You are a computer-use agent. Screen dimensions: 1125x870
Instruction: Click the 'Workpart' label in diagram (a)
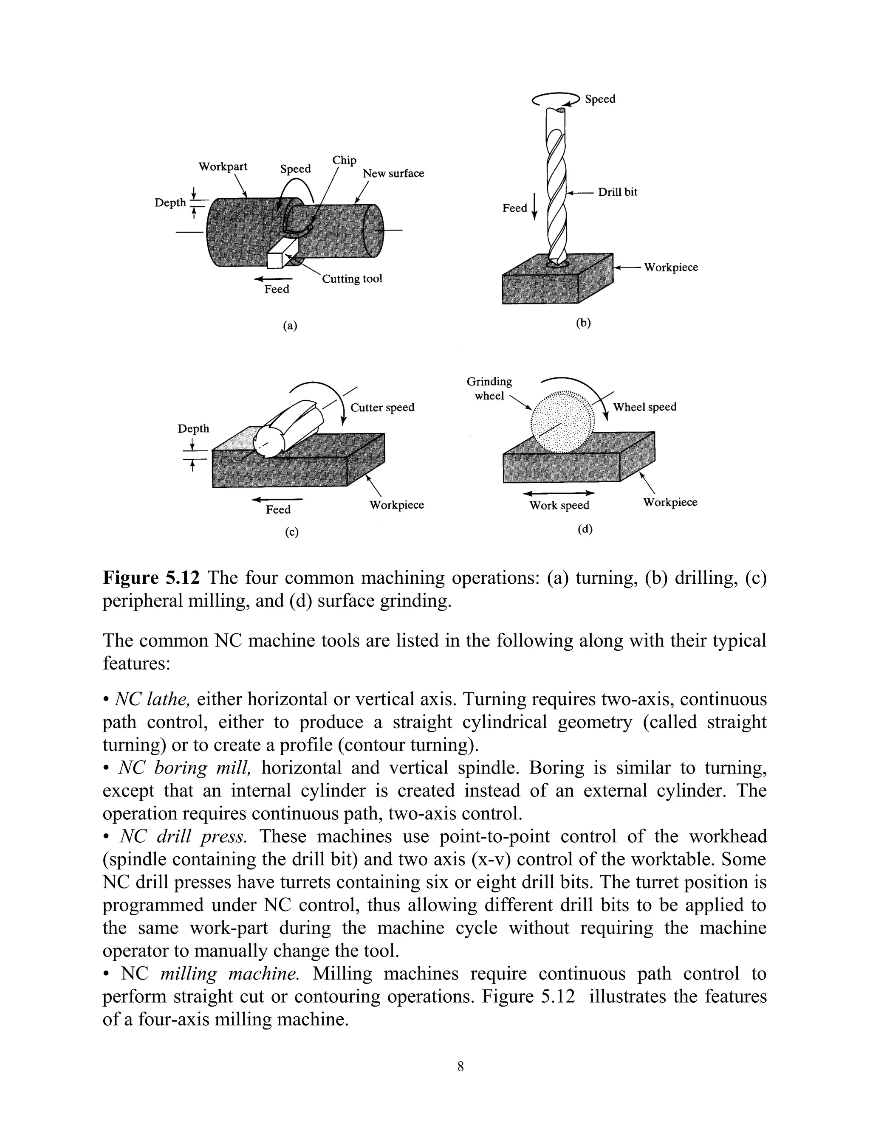(223, 167)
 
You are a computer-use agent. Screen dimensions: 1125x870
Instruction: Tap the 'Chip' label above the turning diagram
(344, 160)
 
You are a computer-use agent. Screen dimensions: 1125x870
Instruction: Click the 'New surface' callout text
(393, 174)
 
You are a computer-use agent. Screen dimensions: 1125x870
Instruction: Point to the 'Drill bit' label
(617, 192)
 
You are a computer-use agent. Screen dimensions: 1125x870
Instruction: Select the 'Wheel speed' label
(644, 407)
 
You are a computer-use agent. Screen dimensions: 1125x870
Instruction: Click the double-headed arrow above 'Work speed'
(559, 493)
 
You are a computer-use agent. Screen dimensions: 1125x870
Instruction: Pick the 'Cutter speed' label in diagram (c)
(382, 408)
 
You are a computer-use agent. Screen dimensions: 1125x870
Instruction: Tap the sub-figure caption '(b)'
(583, 323)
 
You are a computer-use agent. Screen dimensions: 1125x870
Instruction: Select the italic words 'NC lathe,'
(153, 699)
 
